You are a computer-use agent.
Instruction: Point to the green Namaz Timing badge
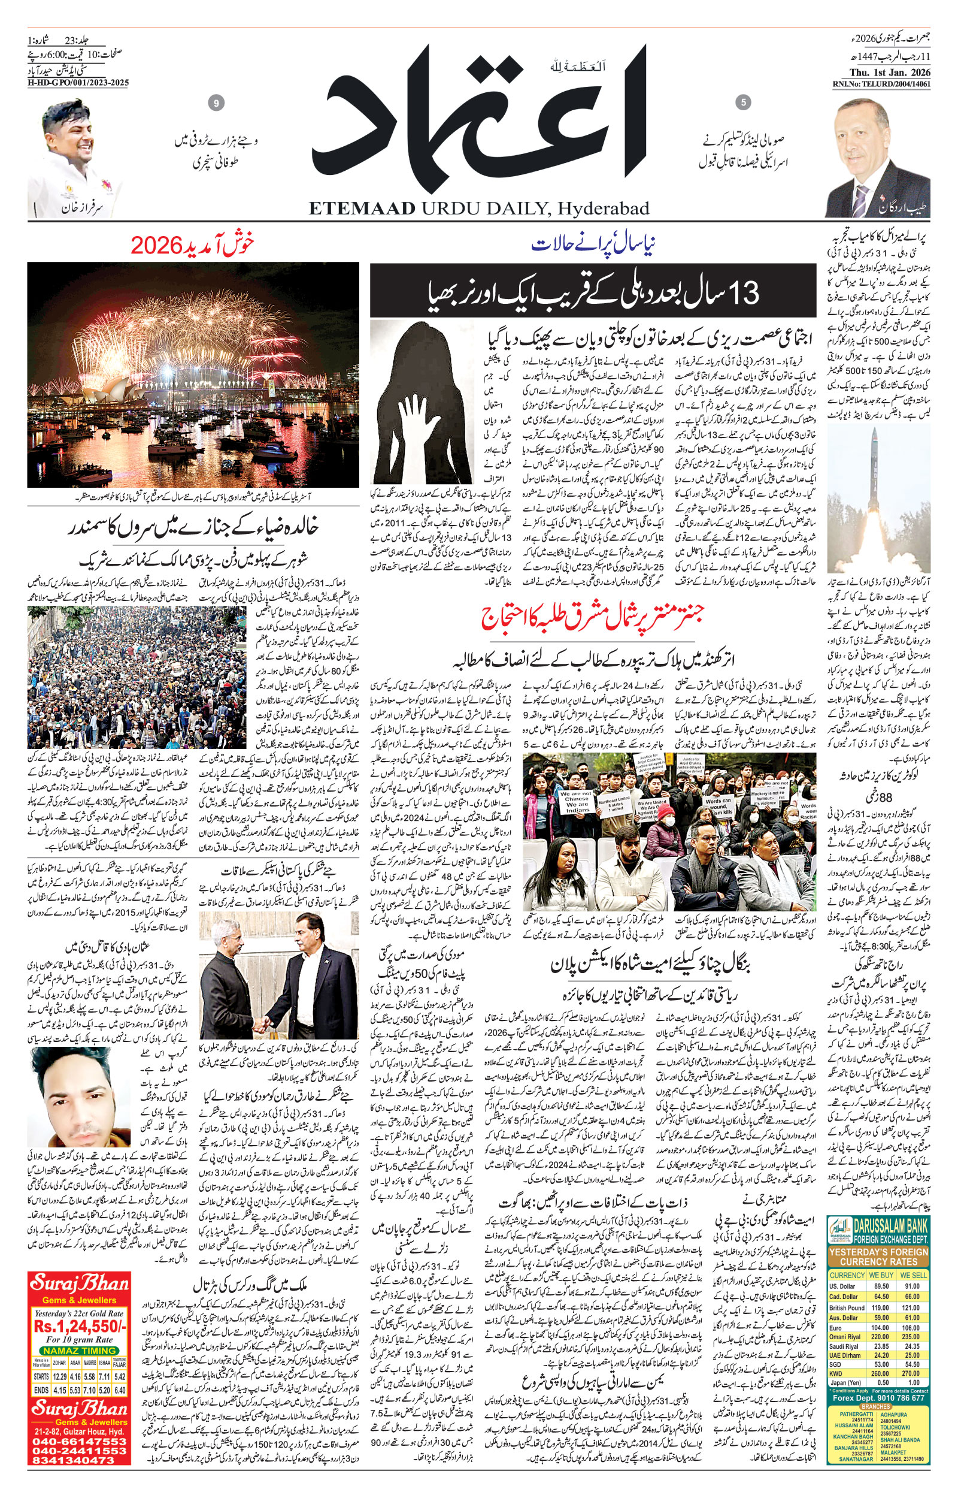click(x=80, y=1351)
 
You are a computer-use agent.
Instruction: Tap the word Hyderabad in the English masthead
click(x=603, y=208)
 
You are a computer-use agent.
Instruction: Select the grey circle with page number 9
click(x=216, y=103)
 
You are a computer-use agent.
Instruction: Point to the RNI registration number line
click(x=881, y=84)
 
